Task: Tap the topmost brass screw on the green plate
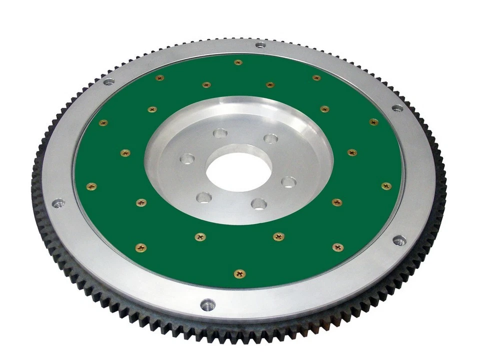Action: coord(238,62)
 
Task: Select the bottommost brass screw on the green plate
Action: coord(240,273)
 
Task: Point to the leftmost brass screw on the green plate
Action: coord(91,186)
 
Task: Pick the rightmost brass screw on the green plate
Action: coord(386,186)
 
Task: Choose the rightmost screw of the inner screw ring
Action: coord(352,152)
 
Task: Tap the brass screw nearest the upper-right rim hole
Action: coord(373,121)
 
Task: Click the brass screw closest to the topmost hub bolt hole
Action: coord(206,85)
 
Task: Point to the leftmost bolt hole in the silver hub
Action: coord(187,159)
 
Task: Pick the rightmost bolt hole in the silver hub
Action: coord(288,181)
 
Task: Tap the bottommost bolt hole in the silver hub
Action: coord(258,203)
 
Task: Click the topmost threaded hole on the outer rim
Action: coord(260,45)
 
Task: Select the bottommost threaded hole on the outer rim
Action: coord(207,304)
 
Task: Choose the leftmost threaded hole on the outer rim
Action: coord(58,202)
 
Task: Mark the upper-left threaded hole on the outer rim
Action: coord(108,81)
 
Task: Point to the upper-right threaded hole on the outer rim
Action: coord(397,108)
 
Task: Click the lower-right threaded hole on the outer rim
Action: coord(399,241)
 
